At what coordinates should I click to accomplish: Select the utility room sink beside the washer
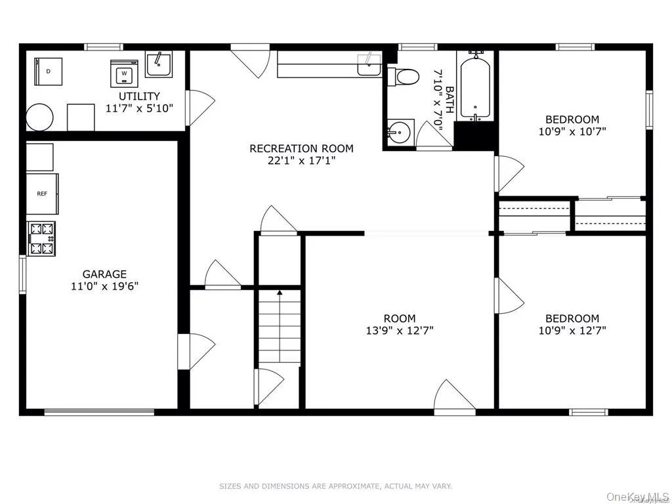[x=158, y=64]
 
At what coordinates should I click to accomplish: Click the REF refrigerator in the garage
[x=43, y=194]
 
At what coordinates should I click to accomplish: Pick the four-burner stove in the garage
[x=42, y=239]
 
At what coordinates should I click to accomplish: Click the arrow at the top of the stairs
[x=280, y=292]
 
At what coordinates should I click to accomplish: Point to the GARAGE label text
[x=104, y=274]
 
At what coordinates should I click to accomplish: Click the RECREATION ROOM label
[x=301, y=148]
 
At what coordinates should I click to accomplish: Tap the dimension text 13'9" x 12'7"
[x=400, y=330]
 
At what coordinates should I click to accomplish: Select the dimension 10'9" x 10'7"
[x=572, y=131]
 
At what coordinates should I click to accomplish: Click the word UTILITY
[x=138, y=96]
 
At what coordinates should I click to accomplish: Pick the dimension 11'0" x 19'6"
[x=104, y=286]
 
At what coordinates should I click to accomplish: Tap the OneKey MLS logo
[x=637, y=493]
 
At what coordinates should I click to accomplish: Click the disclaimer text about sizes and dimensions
[x=335, y=486]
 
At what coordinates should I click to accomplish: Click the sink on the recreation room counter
[x=368, y=65]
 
